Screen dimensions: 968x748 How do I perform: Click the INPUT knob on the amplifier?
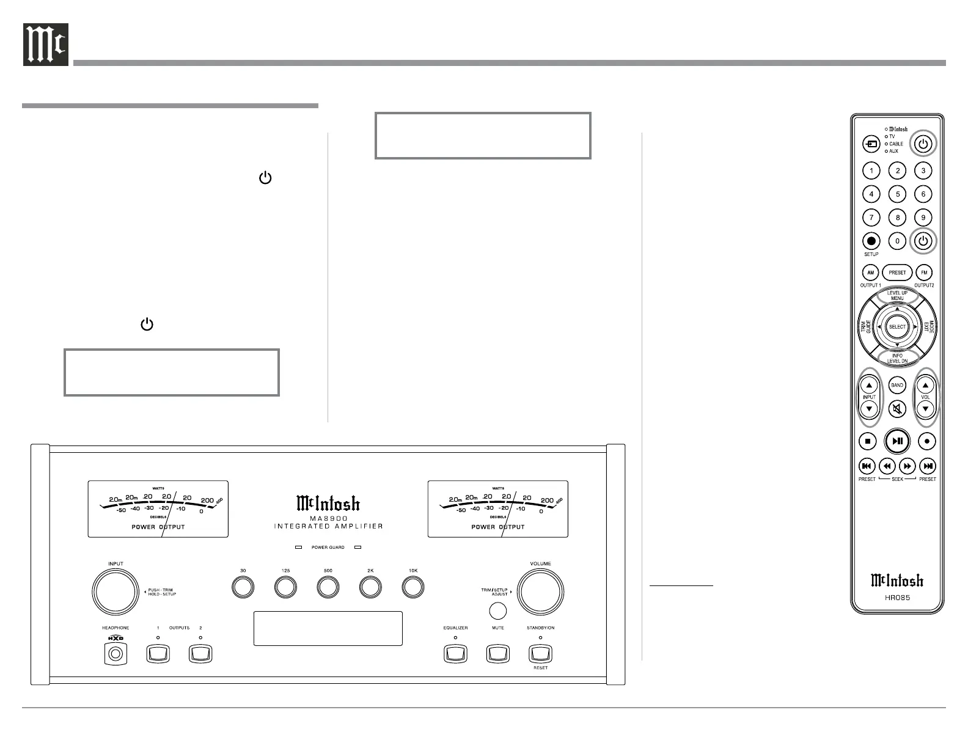point(115,591)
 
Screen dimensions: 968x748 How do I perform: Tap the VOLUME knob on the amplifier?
point(540,591)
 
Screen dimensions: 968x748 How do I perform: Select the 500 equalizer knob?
point(328,588)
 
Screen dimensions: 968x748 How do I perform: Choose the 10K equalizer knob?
point(413,588)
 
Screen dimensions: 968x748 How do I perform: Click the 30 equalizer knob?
point(243,588)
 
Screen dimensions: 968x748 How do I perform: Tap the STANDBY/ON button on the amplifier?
point(540,654)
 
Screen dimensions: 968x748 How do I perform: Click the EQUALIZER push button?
point(455,654)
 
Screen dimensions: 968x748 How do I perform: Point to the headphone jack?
point(116,655)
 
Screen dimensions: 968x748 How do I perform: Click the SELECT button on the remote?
point(897,327)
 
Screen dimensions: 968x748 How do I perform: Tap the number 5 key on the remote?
point(897,194)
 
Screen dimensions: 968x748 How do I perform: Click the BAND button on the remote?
point(897,386)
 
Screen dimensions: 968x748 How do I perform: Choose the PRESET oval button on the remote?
point(897,273)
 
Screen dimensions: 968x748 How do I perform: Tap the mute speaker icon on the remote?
point(897,408)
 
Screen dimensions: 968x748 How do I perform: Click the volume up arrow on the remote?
point(925,386)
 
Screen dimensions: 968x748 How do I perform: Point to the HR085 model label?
point(897,597)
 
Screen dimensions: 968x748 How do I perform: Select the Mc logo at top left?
point(46,45)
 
